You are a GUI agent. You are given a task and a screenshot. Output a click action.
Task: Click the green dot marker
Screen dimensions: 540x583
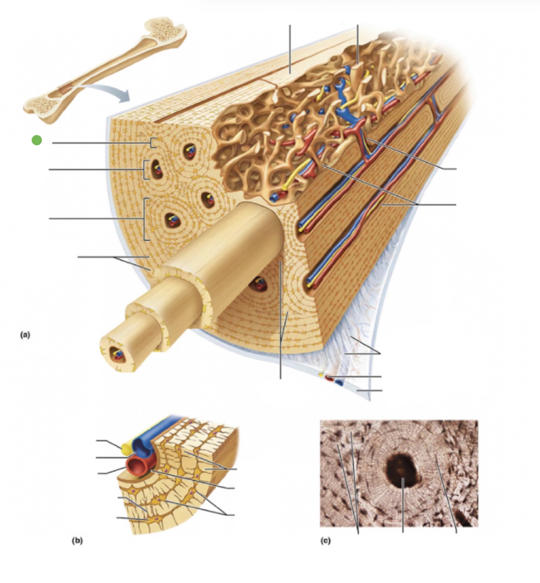(x=37, y=140)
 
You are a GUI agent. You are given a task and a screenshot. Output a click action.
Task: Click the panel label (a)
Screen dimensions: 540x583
(x=25, y=335)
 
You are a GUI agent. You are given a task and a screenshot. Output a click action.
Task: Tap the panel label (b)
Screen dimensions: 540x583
(x=77, y=540)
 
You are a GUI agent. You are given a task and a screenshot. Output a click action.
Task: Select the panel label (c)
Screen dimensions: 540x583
(x=325, y=540)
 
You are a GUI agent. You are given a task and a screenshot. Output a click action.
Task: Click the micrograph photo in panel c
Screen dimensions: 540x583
(x=399, y=473)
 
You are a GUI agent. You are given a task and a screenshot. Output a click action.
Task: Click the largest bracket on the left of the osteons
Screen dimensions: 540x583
(x=145, y=219)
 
